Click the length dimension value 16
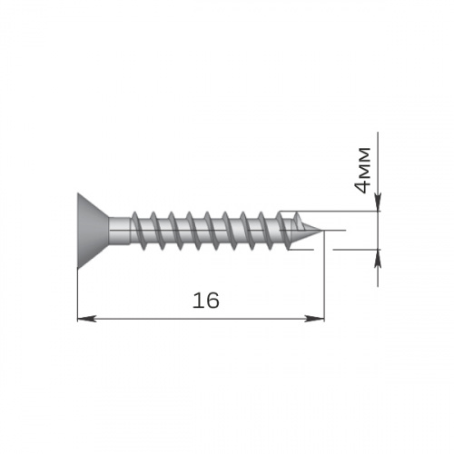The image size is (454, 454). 206,301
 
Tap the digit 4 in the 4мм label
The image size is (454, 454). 362,184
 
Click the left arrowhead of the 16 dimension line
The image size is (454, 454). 87,319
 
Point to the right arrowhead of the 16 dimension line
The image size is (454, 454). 315,319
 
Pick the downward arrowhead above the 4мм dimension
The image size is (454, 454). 378,201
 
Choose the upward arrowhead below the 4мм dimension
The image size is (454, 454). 378,259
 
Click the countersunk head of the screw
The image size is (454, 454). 93,231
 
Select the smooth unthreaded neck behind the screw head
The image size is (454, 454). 120,231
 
